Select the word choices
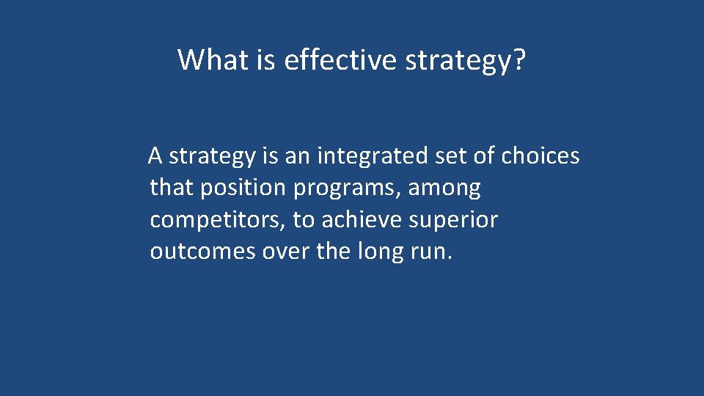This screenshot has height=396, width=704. pos(540,155)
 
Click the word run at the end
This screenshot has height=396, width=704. pos(433,252)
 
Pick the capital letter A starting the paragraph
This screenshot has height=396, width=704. pos(155,155)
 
